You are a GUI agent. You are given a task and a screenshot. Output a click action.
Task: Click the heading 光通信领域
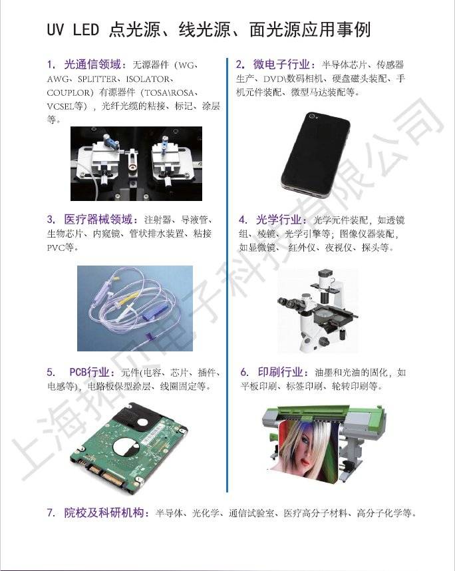coord(92,65)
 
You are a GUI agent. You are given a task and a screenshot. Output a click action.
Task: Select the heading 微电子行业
coord(281,65)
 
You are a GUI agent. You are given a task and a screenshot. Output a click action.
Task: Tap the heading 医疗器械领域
coord(98,220)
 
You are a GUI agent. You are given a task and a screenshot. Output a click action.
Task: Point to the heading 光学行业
coord(279,220)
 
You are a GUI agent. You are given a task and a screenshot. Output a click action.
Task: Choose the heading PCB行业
coord(89,372)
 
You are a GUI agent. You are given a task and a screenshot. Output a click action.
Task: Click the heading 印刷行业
coord(280,372)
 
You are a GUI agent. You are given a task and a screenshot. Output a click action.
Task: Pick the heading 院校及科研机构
coord(104,512)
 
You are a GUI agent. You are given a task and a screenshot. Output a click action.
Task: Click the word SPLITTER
coord(97,79)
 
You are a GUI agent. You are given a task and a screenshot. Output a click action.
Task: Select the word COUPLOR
coord(68,93)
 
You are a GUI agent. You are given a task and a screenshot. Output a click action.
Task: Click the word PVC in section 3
coord(56,248)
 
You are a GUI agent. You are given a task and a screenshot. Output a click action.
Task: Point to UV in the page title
coord(55,30)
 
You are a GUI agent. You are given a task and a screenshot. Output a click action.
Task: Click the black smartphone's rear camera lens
coord(312,116)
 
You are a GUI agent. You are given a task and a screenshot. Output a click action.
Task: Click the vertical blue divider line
coord(227,275)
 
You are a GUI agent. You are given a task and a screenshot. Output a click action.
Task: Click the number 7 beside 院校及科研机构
coord(51,513)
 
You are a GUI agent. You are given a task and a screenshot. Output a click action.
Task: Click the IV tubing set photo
coord(135,308)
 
